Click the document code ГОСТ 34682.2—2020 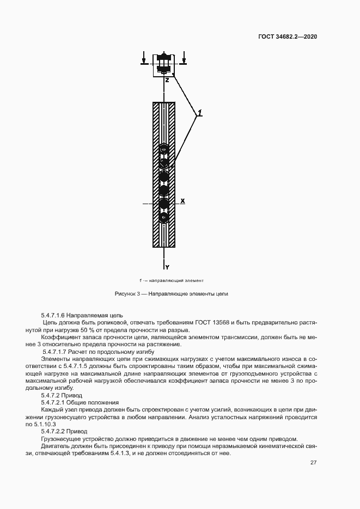[288, 37]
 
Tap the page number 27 [313, 463]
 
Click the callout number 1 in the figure [200, 113]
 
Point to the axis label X [183, 201]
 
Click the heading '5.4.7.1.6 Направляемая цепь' [82, 315]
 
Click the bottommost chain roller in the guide [164, 217]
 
